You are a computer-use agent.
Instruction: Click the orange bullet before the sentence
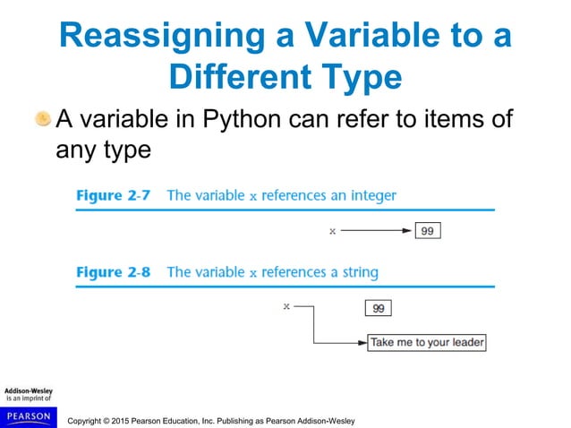pos(42,118)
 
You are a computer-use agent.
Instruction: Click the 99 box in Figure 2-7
pos(427,231)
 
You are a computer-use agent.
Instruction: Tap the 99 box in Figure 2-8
pos(379,308)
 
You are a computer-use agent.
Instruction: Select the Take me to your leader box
pos(426,342)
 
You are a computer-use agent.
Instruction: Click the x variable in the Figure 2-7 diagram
pos(332,231)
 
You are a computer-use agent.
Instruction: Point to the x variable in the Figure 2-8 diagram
pos(286,306)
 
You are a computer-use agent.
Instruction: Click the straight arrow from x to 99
pos(376,231)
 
